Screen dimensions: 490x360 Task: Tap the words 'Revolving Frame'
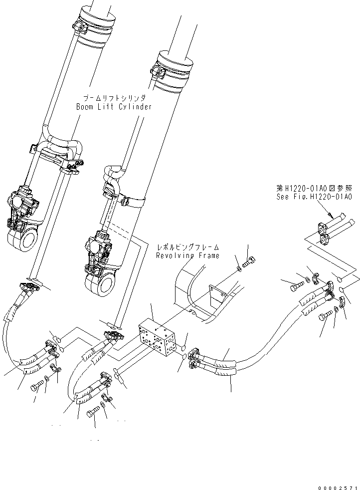[187, 255]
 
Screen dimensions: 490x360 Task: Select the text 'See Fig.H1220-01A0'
[314, 197]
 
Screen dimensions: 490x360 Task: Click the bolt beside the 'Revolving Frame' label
[250, 262]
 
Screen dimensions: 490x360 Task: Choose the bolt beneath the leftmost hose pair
[38, 387]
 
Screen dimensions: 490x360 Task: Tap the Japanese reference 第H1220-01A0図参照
[314, 189]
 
